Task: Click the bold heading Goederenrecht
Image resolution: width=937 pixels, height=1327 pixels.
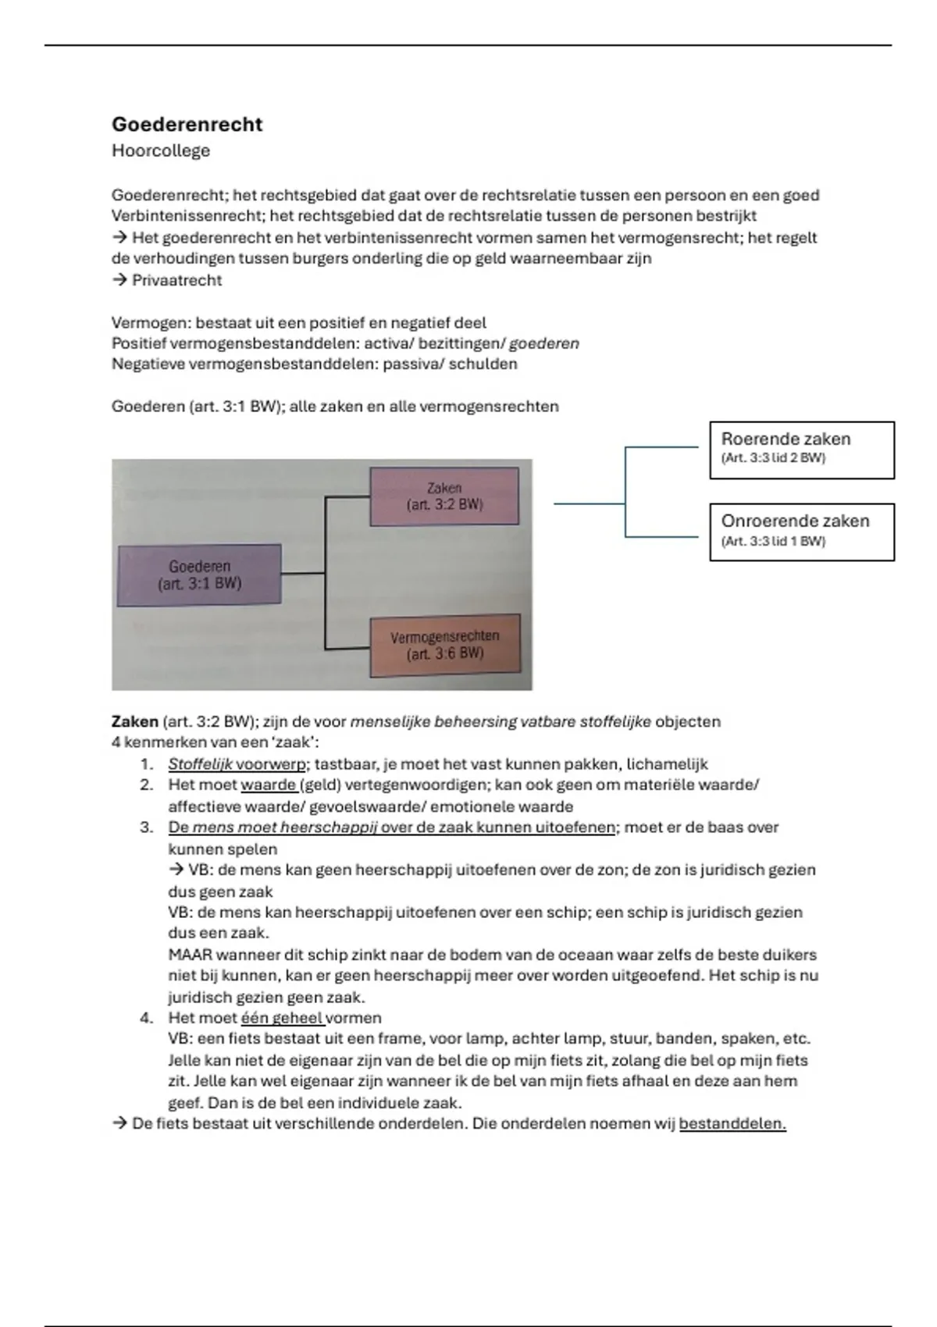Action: pos(187,124)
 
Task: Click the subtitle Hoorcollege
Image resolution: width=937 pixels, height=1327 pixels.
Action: pos(160,151)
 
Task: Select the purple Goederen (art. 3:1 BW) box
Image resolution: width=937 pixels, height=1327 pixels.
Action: pos(199,575)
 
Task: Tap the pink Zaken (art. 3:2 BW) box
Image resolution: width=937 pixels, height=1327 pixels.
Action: pos(444,496)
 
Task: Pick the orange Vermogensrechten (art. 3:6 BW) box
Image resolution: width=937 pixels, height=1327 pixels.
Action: pos(444,645)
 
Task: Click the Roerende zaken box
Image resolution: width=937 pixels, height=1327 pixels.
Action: pos(801,450)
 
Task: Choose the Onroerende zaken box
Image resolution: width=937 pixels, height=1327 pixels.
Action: pos(801,532)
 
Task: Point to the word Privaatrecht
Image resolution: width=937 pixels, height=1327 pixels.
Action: pos(176,280)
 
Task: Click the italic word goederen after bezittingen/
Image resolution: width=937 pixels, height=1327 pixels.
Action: pos(543,343)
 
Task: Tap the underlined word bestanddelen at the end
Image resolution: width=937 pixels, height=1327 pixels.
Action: pos(732,1123)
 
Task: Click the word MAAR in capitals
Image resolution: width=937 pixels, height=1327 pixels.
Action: pos(190,954)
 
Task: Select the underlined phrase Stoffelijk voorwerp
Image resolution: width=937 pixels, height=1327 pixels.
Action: pos(236,764)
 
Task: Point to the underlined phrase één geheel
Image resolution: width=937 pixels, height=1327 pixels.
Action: pos(282,1018)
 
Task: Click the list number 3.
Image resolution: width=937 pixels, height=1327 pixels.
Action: pos(146,827)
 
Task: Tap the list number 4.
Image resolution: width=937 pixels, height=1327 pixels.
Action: pos(146,1018)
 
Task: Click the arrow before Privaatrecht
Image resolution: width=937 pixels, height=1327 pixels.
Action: pos(119,280)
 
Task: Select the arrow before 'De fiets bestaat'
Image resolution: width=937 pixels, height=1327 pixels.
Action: pos(119,1123)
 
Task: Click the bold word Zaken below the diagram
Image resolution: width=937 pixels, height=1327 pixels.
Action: pos(135,721)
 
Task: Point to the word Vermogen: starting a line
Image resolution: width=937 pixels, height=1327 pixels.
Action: pos(151,322)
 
